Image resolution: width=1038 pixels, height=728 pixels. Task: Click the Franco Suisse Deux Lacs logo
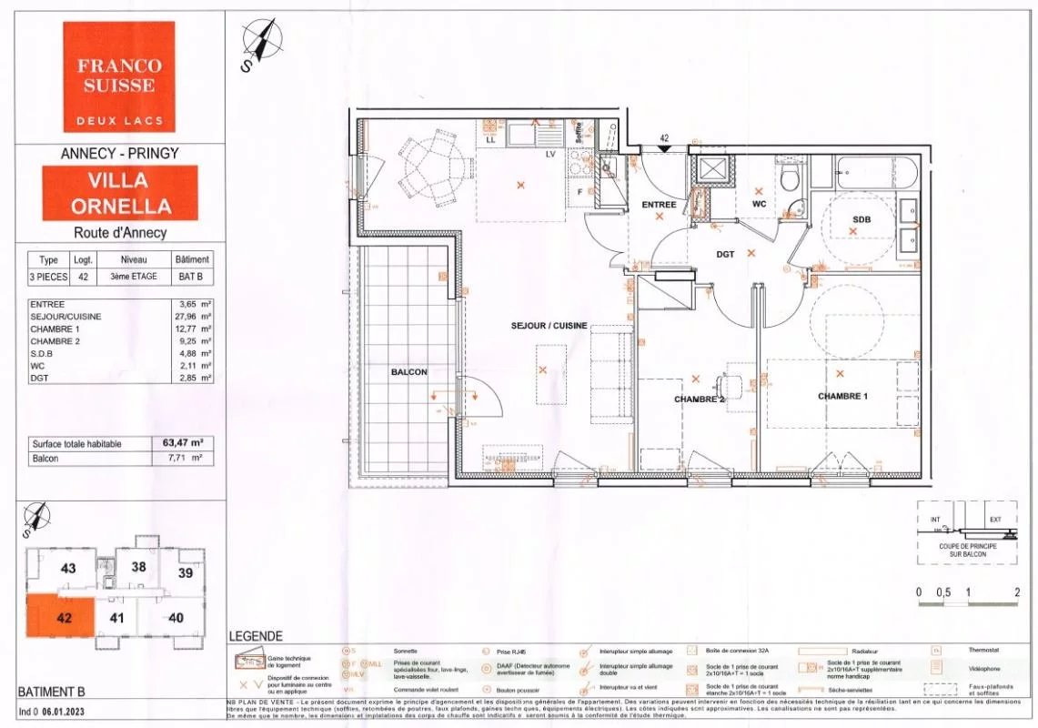coord(119,77)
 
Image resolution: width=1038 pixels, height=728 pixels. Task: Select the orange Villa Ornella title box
coord(120,192)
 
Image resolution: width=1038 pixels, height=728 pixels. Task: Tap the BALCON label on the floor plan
coord(408,371)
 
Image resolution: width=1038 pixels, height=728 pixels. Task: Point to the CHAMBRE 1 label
coord(842,396)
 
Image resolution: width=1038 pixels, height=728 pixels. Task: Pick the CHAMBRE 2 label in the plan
coord(699,399)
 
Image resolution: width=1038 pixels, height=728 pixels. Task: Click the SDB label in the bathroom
coord(861,219)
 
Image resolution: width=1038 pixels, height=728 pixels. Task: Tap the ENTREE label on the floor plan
coord(659,205)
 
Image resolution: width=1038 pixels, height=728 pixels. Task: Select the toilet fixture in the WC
coord(790,177)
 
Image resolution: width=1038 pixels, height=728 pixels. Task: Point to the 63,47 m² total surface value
coord(182,443)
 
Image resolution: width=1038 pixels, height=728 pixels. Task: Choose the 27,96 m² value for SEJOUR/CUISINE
coord(194,316)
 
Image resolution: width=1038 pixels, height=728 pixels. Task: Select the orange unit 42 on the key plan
coord(65,616)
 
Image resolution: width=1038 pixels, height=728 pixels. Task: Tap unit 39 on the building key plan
coord(186,572)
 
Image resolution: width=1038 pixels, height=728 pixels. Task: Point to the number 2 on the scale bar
coord(1015,591)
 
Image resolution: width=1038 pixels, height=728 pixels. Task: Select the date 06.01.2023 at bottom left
coord(66,709)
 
